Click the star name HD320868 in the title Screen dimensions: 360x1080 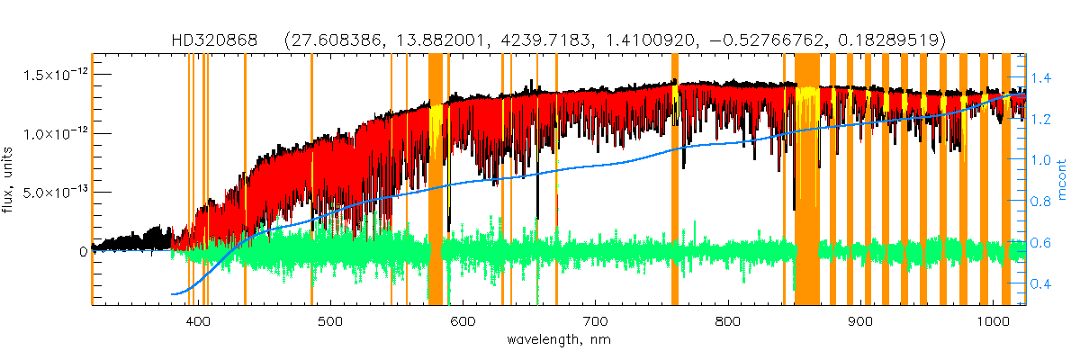(215, 40)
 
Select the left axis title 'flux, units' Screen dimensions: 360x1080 (13, 184)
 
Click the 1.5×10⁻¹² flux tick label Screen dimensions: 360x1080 (55, 74)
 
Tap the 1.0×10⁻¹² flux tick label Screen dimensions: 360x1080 (55, 133)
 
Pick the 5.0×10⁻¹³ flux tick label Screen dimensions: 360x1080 (55, 193)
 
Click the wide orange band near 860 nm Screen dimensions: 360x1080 (807, 180)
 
